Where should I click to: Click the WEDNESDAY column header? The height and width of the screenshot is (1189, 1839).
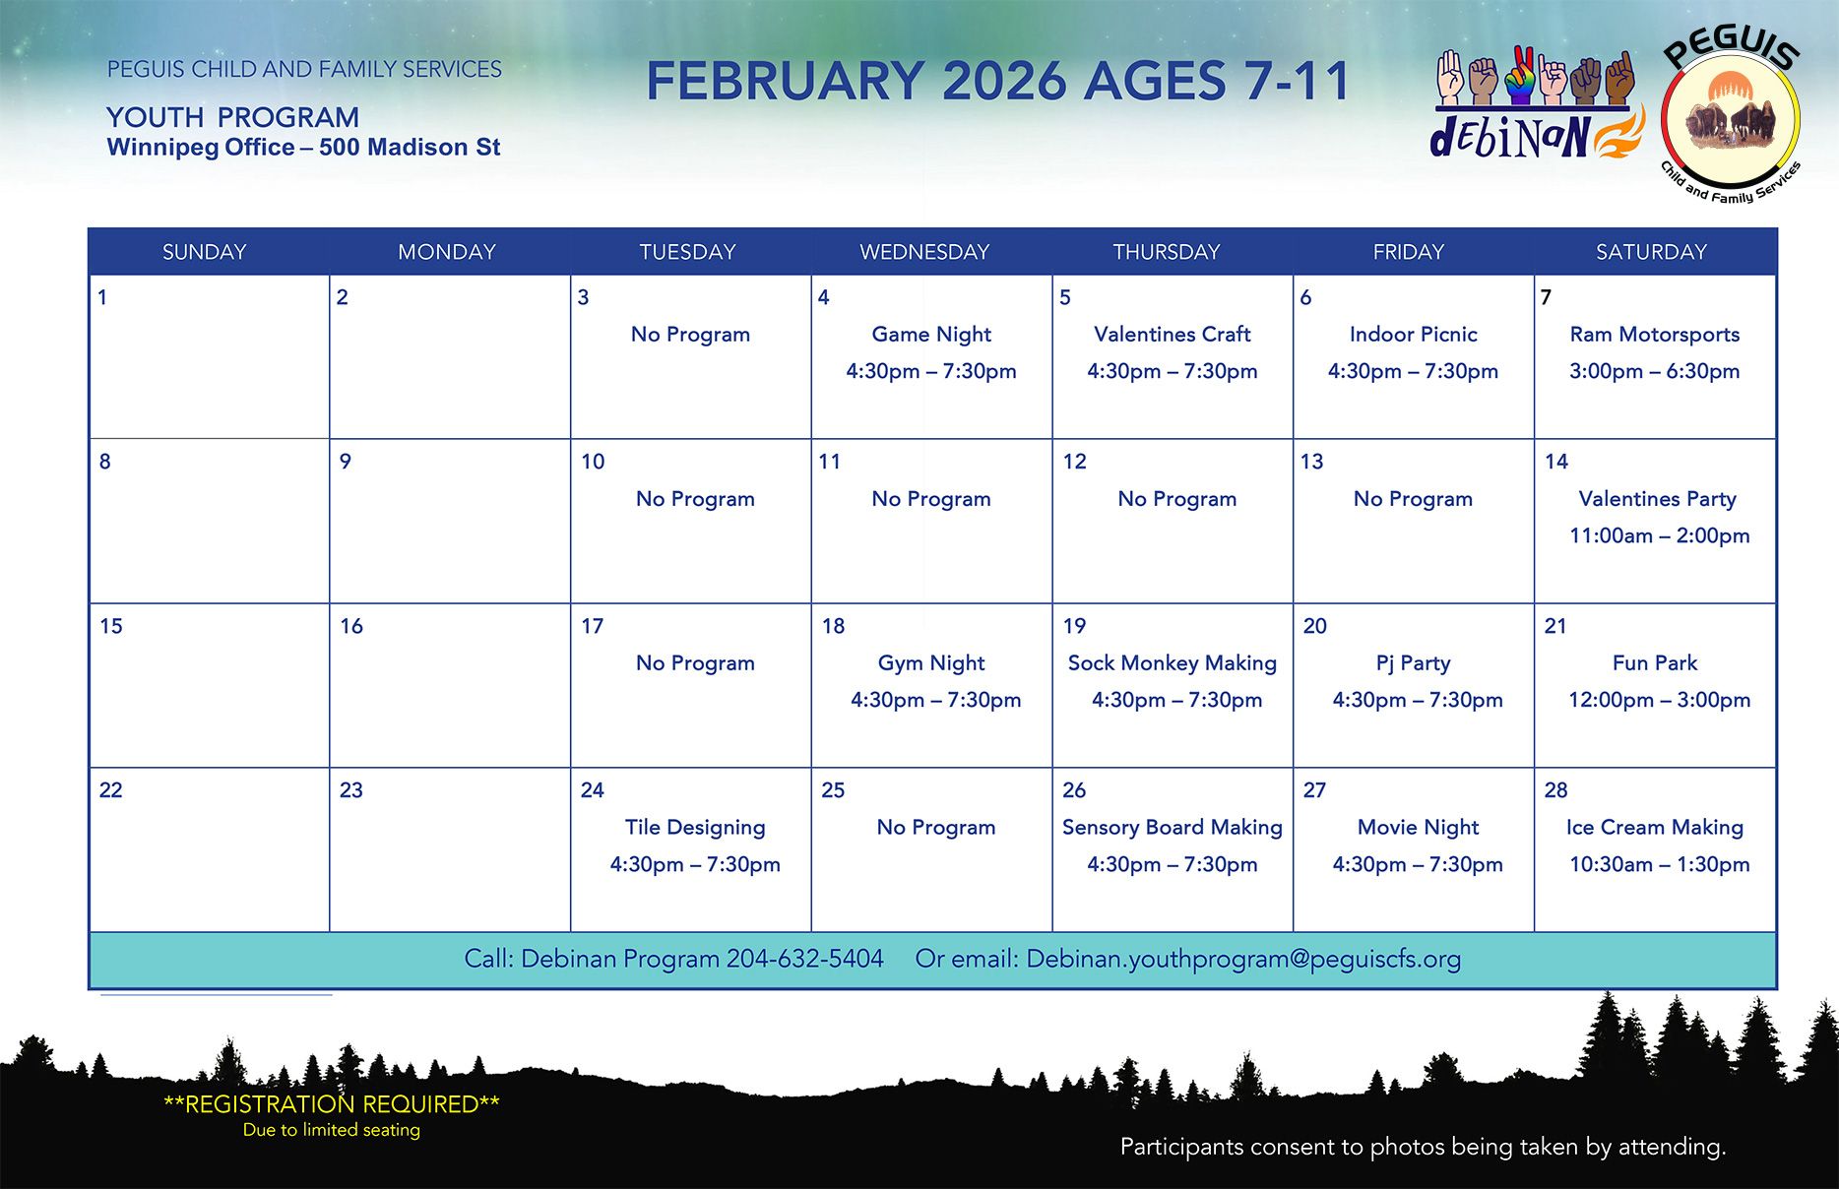click(924, 252)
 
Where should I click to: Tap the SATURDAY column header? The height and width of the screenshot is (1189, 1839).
click(1651, 252)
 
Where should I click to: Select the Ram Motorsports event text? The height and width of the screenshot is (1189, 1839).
click(1654, 335)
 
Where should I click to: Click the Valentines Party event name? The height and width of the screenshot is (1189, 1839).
click(1657, 499)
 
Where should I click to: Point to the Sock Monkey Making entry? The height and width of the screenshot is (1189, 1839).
click(1172, 663)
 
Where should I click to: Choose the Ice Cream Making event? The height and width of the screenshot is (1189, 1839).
click(1654, 828)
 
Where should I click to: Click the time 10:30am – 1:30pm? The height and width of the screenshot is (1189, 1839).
click(1659, 865)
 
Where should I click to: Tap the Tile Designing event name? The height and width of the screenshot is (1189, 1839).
click(695, 828)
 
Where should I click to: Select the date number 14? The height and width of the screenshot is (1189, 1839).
click(1555, 462)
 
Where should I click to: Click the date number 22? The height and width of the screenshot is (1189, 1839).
click(110, 790)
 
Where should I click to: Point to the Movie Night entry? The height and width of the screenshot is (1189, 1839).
click(1418, 828)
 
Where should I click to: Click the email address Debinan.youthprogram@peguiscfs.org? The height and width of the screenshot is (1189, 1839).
click(1243, 959)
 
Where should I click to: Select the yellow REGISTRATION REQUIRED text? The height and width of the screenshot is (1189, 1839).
click(331, 1104)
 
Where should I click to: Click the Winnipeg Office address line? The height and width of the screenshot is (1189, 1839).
click(303, 148)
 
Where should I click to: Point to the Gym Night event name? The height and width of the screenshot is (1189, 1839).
click(931, 663)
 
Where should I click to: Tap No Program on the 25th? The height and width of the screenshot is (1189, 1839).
click(935, 828)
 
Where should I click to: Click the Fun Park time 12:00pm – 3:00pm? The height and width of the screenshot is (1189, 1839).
click(1659, 701)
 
